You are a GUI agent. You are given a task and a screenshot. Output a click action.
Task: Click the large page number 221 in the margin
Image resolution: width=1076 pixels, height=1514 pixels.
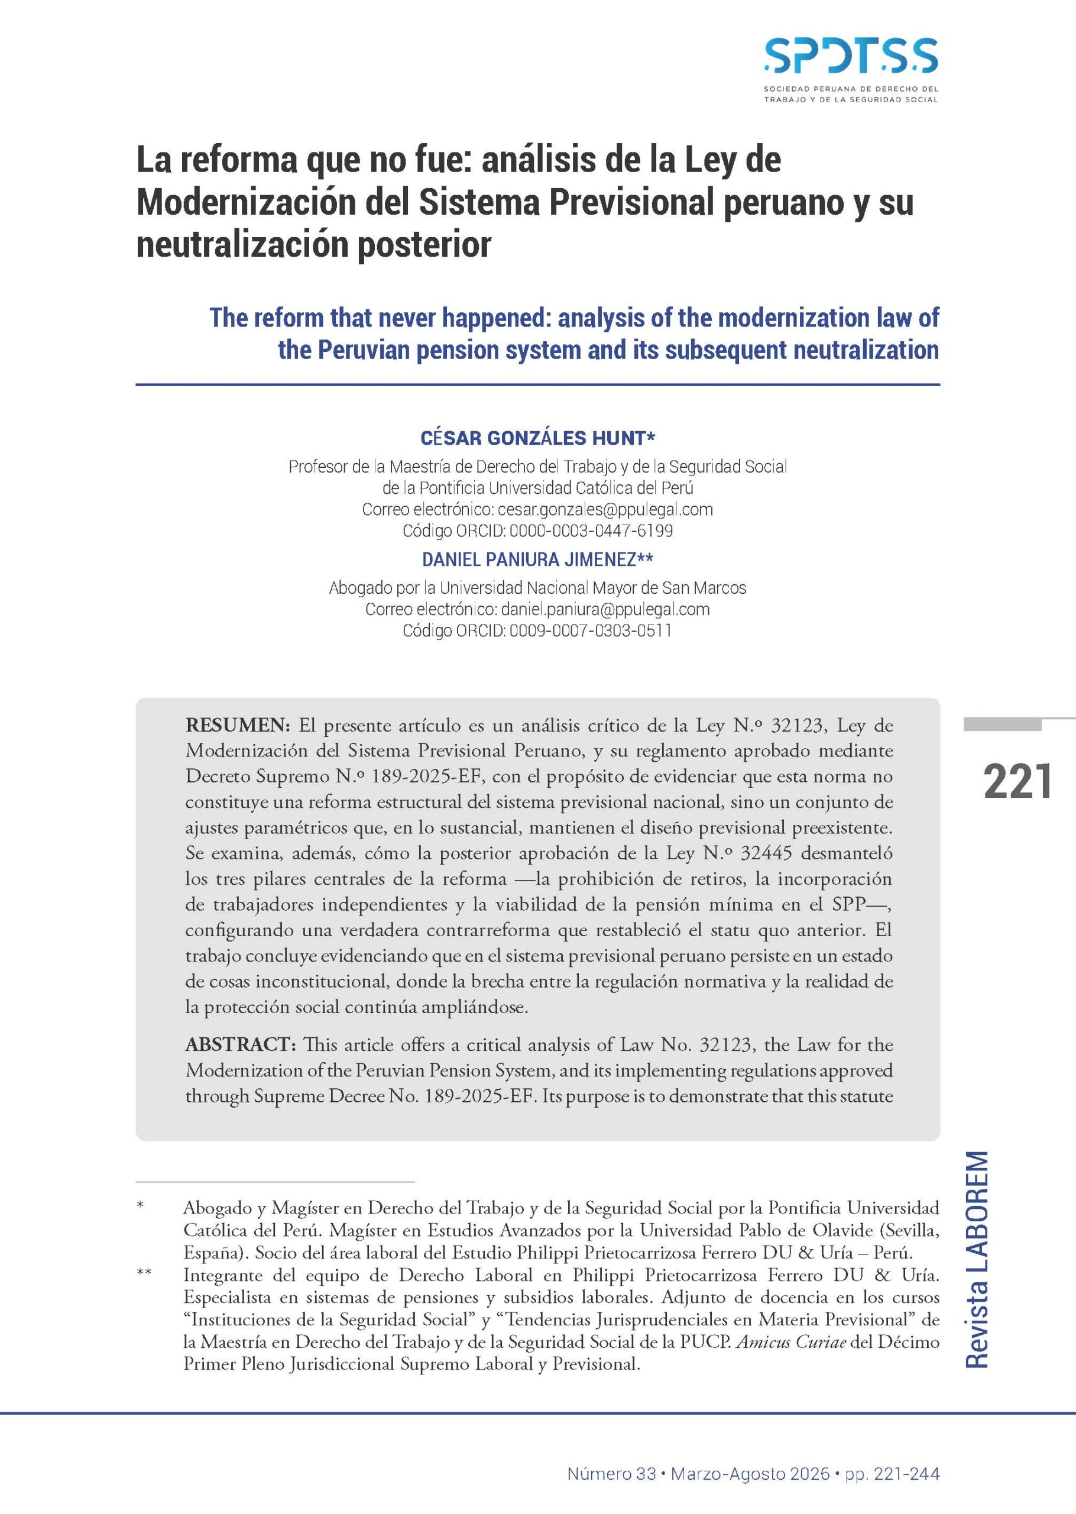pyautogui.click(x=1017, y=781)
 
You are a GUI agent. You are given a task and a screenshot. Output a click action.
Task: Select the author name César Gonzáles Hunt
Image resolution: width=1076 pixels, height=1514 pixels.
pyautogui.click(x=537, y=438)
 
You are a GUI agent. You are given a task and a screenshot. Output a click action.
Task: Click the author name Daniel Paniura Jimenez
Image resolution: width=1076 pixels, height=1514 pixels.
pyautogui.click(x=537, y=560)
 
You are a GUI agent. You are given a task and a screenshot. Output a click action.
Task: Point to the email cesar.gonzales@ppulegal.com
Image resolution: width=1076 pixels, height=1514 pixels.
pyautogui.click(x=605, y=510)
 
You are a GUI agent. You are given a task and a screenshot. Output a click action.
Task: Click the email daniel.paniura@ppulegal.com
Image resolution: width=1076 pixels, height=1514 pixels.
pyautogui.click(x=605, y=609)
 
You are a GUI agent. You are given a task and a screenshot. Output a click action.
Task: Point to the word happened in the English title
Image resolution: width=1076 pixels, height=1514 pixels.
pyautogui.click(x=468, y=319)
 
